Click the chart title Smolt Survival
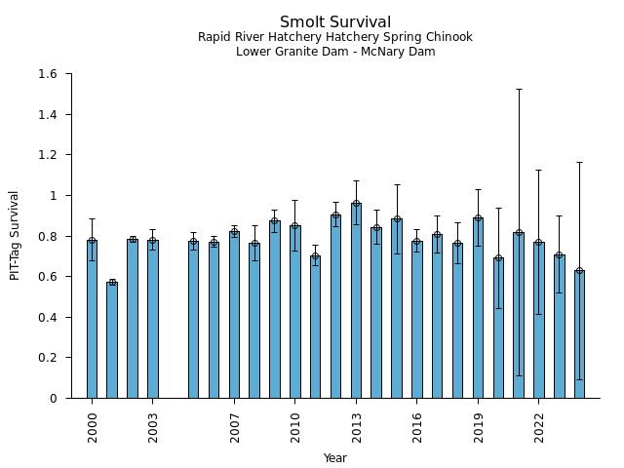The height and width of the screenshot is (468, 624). (x=335, y=22)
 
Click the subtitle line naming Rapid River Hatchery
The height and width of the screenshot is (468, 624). (x=335, y=38)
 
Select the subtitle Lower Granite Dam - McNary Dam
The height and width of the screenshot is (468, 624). (x=335, y=52)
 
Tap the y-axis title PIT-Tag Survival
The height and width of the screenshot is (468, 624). (x=15, y=235)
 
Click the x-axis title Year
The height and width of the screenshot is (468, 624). (x=335, y=458)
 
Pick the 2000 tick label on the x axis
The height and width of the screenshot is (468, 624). (x=93, y=426)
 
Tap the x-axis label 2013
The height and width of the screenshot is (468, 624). (x=356, y=426)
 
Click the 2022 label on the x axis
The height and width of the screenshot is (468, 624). (x=539, y=426)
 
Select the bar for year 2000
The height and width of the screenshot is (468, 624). (x=92, y=322)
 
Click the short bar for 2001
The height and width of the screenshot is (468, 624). (x=112, y=341)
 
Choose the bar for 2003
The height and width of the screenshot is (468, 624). (x=153, y=322)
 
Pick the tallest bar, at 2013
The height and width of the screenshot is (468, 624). (x=356, y=302)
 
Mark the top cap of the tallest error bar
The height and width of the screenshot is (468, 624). (x=519, y=89)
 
